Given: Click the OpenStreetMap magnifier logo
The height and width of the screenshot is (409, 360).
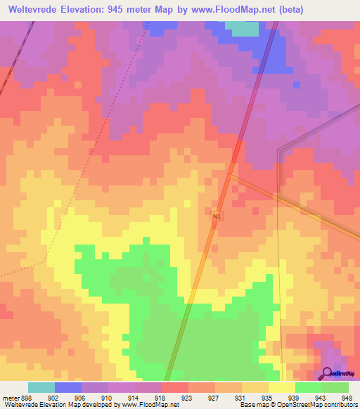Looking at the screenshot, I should tap(328, 374).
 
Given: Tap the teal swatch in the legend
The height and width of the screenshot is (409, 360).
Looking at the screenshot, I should tap(41, 387).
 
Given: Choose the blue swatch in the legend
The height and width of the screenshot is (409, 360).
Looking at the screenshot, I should tap(68, 387).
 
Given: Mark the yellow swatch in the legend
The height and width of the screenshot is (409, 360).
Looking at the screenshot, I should tap(282, 387).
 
